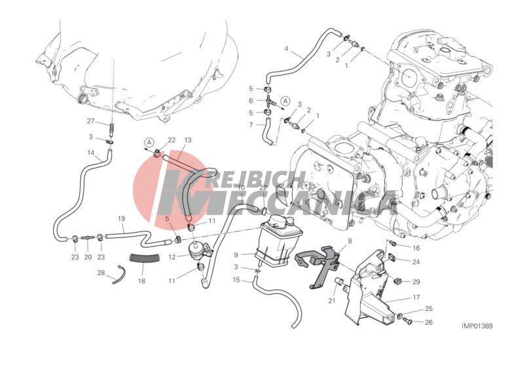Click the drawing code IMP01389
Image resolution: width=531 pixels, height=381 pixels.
[x=477, y=326]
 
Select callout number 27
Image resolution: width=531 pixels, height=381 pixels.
[x=90, y=121]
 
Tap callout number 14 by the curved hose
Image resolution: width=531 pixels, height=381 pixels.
[x=91, y=153]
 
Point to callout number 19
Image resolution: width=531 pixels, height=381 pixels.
[x=122, y=218]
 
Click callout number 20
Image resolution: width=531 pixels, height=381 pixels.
[x=88, y=257]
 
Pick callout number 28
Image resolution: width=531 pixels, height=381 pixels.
[x=101, y=272]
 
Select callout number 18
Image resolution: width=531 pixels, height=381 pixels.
[x=141, y=281]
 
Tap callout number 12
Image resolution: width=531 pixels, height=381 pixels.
[x=172, y=257]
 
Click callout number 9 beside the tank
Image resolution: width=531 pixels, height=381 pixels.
[x=236, y=254]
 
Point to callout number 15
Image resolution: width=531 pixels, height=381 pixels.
[x=236, y=279]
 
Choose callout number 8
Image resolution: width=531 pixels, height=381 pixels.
[x=350, y=241]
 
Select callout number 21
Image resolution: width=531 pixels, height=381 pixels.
[x=332, y=300]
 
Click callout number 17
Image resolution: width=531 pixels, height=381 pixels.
[x=416, y=297]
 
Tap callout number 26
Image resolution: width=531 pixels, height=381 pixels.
[x=429, y=322]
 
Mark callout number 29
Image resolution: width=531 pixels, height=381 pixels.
[x=416, y=281]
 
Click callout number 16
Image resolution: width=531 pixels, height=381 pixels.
[x=416, y=248]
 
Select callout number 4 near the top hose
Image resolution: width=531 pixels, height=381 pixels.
[x=286, y=49]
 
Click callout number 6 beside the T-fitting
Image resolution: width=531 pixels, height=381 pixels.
[x=251, y=101]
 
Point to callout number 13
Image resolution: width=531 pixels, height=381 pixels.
[x=188, y=140]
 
